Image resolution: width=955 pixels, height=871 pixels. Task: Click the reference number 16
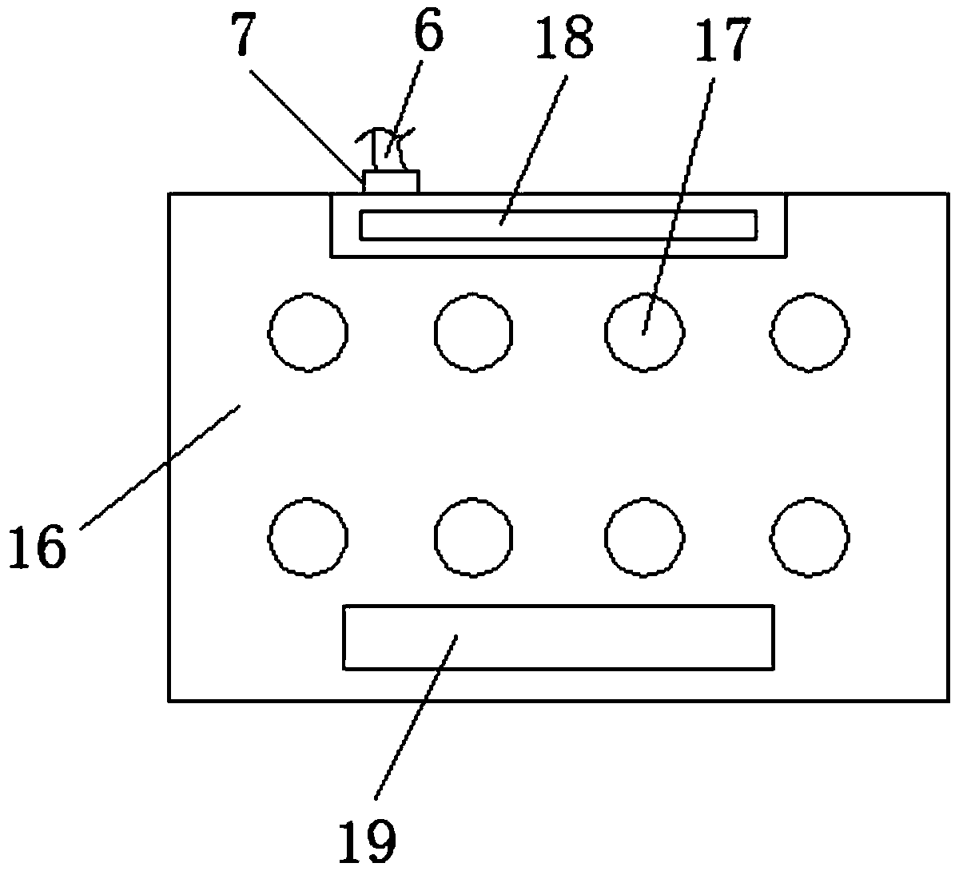coord(37,548)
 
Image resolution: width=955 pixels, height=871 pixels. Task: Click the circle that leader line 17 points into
coord(644,332)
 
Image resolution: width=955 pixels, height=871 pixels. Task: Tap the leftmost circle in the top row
coord(308,332)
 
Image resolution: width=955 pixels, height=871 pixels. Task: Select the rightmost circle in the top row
coord(810,332)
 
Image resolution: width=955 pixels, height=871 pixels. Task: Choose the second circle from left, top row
coord(474,332)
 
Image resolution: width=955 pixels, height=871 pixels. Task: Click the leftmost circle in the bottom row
coord(308,537)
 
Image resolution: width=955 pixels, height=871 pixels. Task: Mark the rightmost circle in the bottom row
coord(810,537)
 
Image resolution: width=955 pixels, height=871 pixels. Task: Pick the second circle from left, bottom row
coord(474,537)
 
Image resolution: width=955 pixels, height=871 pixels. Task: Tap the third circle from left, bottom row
coord(644,537)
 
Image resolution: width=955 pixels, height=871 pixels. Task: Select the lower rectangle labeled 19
coord(558,637)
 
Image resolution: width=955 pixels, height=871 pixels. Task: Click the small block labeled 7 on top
coord(391,181)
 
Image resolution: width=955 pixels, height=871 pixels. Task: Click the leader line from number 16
coord(160,467)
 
